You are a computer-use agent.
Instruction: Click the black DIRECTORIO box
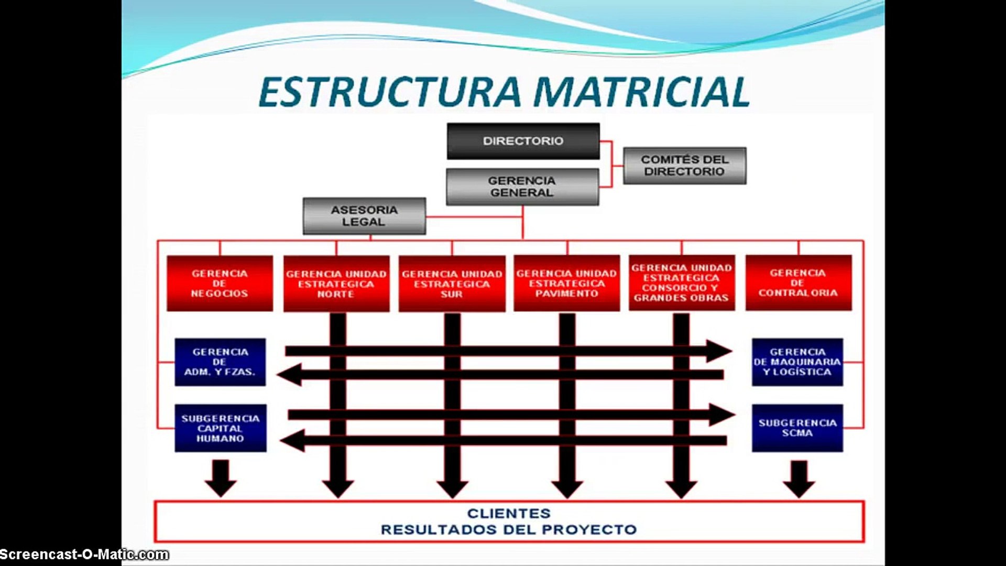(523, 141)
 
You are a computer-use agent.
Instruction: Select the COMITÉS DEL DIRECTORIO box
(684, 166)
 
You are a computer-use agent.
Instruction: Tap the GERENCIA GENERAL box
(522, 187)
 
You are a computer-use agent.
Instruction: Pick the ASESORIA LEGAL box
(364, 216)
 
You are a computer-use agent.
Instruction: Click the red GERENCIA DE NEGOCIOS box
(220, 284)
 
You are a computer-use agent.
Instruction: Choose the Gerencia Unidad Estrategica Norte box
(336, 284)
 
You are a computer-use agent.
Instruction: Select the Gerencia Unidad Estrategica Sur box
(452, 284)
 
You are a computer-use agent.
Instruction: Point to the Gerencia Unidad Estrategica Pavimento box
(566, 284)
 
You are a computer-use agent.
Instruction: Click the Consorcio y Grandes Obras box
(681, 283)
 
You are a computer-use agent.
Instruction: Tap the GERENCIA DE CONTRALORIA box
(798, 283)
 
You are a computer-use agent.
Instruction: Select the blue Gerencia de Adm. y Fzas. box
(220, 362)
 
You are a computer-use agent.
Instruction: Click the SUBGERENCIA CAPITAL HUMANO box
(220, 428)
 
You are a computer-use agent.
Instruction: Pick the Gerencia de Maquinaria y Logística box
(797, 362)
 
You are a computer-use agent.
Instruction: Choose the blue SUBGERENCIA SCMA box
(797, 428)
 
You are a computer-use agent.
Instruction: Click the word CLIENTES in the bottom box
(509, 514)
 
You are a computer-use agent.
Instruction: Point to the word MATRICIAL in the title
(641, 92)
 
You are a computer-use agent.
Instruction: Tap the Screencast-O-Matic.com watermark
(84, 554)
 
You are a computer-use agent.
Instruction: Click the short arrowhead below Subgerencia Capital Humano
(220, 485)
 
